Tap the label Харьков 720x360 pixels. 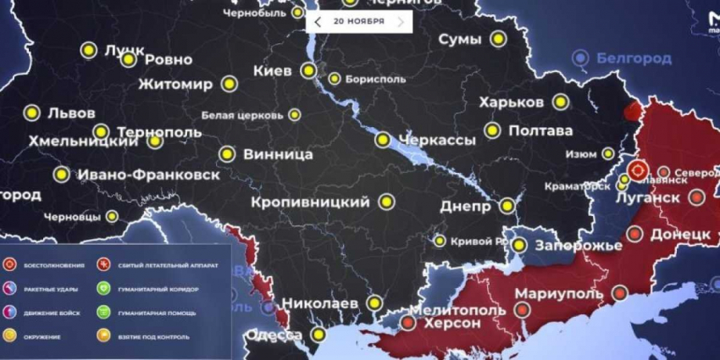click(511, 102)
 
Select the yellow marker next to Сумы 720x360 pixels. click(498, 39)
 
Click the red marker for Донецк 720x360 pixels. click(634, 234)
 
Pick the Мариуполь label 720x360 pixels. click(559, 294)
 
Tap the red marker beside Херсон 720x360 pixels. click(408, 323)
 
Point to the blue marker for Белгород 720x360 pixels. click(580, 58)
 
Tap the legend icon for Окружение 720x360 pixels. click(8, 335)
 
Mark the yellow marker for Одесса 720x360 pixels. click(318, 335)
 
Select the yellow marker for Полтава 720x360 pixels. click(492, 130)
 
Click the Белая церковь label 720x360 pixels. click(241, 115)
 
